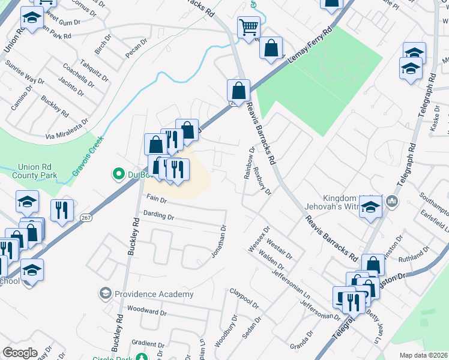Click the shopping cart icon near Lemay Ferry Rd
247,28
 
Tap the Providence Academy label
154,294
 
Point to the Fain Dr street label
156,199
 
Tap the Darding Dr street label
158,215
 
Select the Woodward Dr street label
146,312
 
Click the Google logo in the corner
20,353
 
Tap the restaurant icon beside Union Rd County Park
62,210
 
